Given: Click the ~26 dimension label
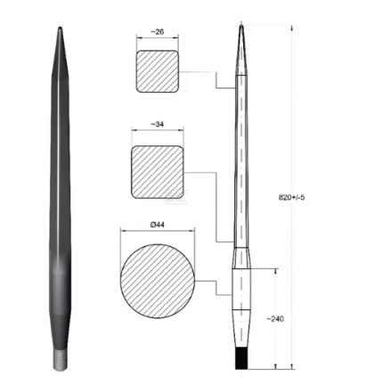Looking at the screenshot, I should pos(157,32).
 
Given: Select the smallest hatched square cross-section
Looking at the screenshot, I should pos(157,71).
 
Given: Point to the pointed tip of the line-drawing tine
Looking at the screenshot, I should pos(243,26).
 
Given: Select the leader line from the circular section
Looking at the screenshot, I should pos(214,285).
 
